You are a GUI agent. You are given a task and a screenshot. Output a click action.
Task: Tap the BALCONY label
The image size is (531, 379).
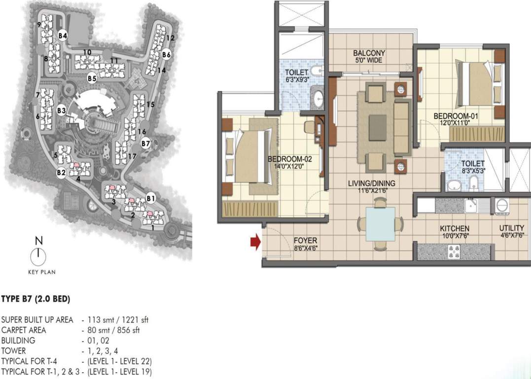[x=369, y=53]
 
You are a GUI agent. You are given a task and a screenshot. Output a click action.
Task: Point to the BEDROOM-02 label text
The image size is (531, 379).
[x=289, y=159]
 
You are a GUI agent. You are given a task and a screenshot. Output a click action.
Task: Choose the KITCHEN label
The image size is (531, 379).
[x=454, y=229]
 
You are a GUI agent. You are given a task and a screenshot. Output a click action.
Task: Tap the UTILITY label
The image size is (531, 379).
[x=511, y=229]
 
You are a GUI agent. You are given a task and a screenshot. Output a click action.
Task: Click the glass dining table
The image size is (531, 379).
[x=380, y=224]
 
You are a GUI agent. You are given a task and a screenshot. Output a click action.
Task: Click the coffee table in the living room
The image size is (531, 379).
[x=378, y=128]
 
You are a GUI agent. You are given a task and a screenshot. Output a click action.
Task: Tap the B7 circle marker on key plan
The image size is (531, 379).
[x=145, y=144]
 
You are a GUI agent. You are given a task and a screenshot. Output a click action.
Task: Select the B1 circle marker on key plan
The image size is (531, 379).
[x=151, y=198]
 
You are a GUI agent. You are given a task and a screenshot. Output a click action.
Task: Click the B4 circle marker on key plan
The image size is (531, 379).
[x=62, y=36]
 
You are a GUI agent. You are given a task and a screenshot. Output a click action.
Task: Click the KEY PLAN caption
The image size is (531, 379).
[x=41, y=272]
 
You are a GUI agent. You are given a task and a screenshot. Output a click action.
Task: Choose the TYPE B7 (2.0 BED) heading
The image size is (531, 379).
[x=35, y=299]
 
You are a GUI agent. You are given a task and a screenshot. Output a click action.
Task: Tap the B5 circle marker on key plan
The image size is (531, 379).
[x=91, y=78]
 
